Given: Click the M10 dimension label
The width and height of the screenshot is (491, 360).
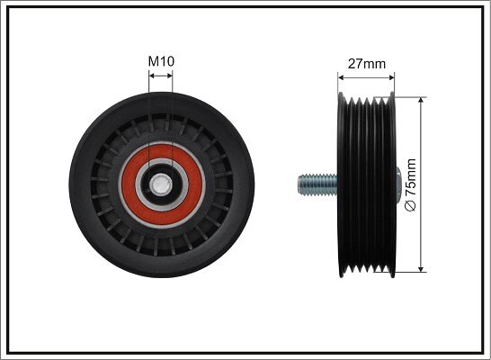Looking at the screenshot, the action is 161,61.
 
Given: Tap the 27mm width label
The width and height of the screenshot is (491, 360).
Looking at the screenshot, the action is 367,64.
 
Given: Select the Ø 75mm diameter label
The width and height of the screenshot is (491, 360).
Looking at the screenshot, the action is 411,184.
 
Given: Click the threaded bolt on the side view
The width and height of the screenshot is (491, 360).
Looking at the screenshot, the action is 317,184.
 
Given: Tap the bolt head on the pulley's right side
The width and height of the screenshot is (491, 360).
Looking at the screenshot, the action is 398,184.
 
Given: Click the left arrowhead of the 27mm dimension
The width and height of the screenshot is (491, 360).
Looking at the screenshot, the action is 342,77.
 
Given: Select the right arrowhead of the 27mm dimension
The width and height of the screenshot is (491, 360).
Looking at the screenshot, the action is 391,77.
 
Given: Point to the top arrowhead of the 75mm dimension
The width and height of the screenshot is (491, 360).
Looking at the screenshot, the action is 421,101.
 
